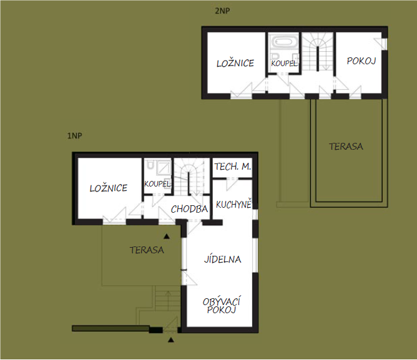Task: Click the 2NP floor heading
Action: point(222,11)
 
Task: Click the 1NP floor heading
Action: point(74,136)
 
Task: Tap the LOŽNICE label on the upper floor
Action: point(235,63)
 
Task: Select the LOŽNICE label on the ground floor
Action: point(109,188)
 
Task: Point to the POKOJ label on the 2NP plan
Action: point(361,61)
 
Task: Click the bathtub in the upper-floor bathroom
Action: point(283,42)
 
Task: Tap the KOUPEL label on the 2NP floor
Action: point(284,63)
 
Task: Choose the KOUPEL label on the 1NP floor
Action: point(157,183)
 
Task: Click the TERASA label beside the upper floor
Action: point(346,147)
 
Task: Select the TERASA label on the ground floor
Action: point(147,250)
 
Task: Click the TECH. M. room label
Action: point(233,167)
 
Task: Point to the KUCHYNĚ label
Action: point(233,204)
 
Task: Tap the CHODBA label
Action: point(189,209)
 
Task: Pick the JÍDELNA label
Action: point(223,259)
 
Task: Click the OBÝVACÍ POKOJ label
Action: point(221,306)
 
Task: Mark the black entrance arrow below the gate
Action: point(171,339)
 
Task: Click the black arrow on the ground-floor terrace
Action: point(167,236)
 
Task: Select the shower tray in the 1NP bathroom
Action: point(164,168)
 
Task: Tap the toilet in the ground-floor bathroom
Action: point(150,165)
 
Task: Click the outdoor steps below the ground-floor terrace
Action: point(168,299)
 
